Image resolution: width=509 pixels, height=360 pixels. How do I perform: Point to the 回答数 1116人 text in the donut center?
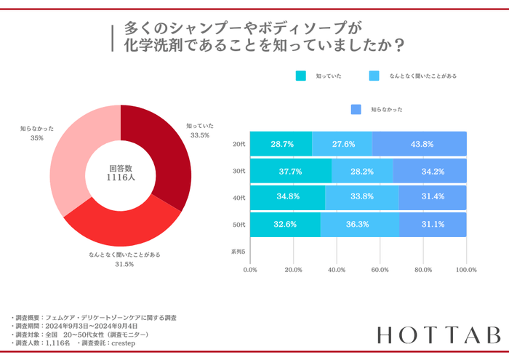coord(121,172)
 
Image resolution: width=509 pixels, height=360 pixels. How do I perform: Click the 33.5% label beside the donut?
coord(199,135)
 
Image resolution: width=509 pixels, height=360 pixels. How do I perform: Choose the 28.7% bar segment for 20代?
coord(281,144)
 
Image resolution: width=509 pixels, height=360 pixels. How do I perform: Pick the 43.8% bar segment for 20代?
coord(420,144)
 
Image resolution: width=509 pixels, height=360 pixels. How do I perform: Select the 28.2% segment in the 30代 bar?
coord(362,171)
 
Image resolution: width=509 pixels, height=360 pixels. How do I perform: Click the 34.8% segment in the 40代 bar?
coord(288,198)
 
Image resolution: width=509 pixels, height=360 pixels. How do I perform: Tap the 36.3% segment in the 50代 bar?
coord(359,225)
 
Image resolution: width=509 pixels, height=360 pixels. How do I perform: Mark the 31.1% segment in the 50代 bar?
coord(432,225)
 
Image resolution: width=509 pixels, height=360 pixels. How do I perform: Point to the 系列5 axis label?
coord(239,252)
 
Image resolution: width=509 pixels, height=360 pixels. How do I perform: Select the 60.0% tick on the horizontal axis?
coord(380,270)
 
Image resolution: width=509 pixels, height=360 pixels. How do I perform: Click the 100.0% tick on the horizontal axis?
coord(465,270)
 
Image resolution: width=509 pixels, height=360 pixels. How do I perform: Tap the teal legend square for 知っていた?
coord(301,75)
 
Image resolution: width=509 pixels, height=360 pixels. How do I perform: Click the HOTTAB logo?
coord(438,335)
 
